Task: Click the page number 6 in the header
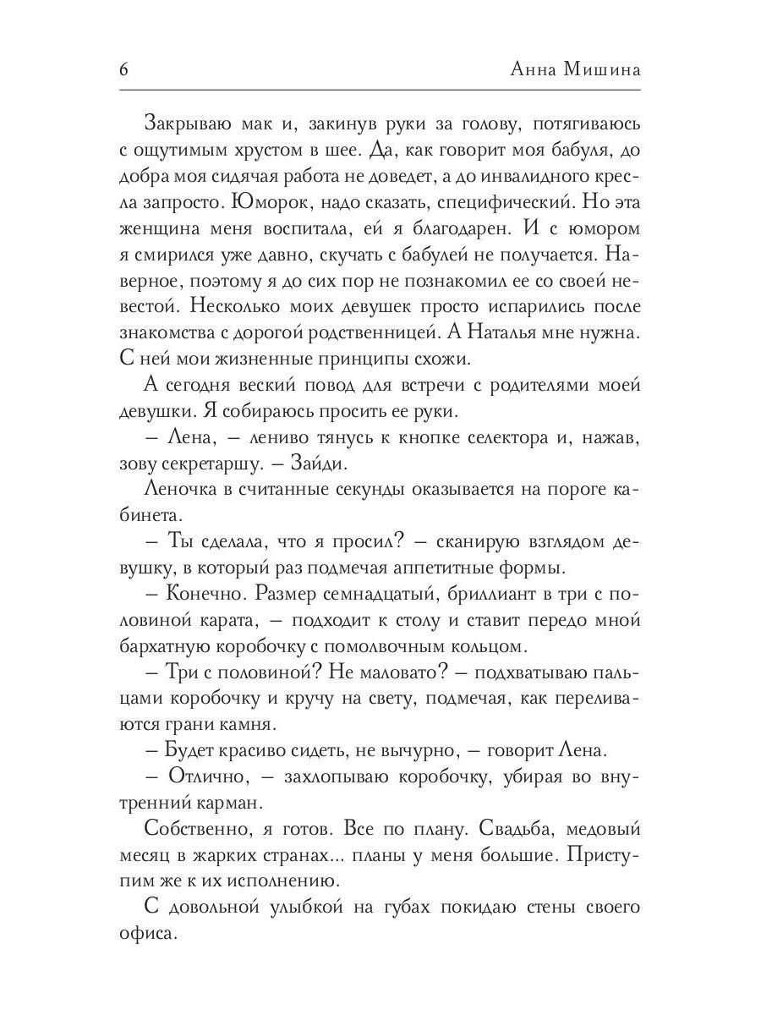tap(123, 71)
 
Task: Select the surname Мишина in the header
tap(603, 71)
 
